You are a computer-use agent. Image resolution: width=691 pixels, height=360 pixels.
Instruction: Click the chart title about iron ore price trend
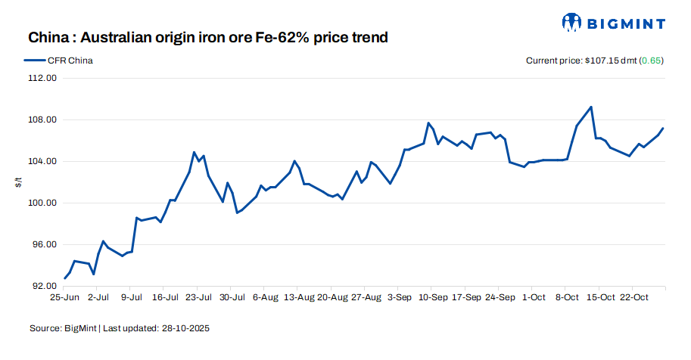point(208,37)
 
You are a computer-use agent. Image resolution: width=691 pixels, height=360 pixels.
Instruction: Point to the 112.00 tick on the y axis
point(42,79)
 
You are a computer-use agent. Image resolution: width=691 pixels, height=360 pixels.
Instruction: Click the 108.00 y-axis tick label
point(42,120)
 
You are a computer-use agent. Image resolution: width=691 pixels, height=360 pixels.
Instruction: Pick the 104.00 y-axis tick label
point(42,162)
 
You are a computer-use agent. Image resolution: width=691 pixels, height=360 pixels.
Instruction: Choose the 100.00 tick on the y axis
point(42,203)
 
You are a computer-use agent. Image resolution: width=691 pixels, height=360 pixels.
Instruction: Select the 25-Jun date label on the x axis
point(64,299)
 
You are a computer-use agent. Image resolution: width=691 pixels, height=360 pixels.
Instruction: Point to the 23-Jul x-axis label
point(198,299)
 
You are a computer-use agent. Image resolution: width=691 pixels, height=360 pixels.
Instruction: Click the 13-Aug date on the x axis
point(298,299)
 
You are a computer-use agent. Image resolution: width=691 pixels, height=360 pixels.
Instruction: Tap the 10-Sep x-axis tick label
point(431,299)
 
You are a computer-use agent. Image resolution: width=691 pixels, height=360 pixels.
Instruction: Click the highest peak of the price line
point(591,107)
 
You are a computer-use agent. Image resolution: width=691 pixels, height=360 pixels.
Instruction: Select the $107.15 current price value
point(602,61)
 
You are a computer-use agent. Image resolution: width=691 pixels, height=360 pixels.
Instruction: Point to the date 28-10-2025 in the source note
point(185,329)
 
